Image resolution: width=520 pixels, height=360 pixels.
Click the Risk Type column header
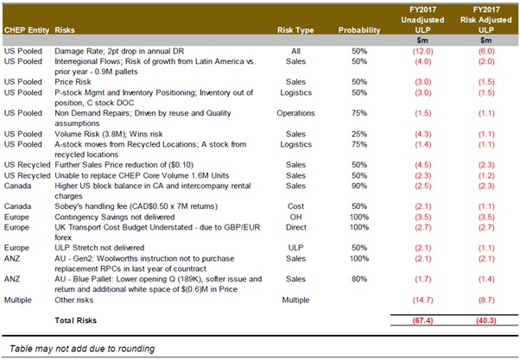pos(295,30)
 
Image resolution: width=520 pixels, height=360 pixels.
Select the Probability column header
pos(359,30)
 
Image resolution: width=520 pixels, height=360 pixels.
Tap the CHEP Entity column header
pos(27,30)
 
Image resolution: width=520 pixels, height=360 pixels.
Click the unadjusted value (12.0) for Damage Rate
pos(423,51)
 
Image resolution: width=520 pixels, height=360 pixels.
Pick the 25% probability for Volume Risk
pos(359,134)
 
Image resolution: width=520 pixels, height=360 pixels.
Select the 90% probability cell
pos(359,186)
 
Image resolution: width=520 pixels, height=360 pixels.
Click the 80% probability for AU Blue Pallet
pos(359,279)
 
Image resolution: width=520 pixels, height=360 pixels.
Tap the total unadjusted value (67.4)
pos(423,320)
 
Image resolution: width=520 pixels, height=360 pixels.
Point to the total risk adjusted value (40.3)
pos(486,320)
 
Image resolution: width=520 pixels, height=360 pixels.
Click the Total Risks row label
pos(76,320)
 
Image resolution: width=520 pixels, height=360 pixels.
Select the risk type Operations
pos(295,113)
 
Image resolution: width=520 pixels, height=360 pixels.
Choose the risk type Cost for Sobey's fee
pos(295,206)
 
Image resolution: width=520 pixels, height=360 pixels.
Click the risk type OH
pos(295,218)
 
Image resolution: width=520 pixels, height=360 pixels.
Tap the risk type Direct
pos(295,227)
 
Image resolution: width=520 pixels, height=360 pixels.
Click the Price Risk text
pos(73,82)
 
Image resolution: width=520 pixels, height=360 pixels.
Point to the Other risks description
pos(74,300)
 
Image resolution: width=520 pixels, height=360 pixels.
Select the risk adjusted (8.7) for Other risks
pos(486,300)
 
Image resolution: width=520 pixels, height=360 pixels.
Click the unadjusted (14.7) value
pos(423,300)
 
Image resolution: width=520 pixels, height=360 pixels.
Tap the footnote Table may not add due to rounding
pos(82,349)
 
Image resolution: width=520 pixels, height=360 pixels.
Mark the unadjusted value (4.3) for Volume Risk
pos(423,134)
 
